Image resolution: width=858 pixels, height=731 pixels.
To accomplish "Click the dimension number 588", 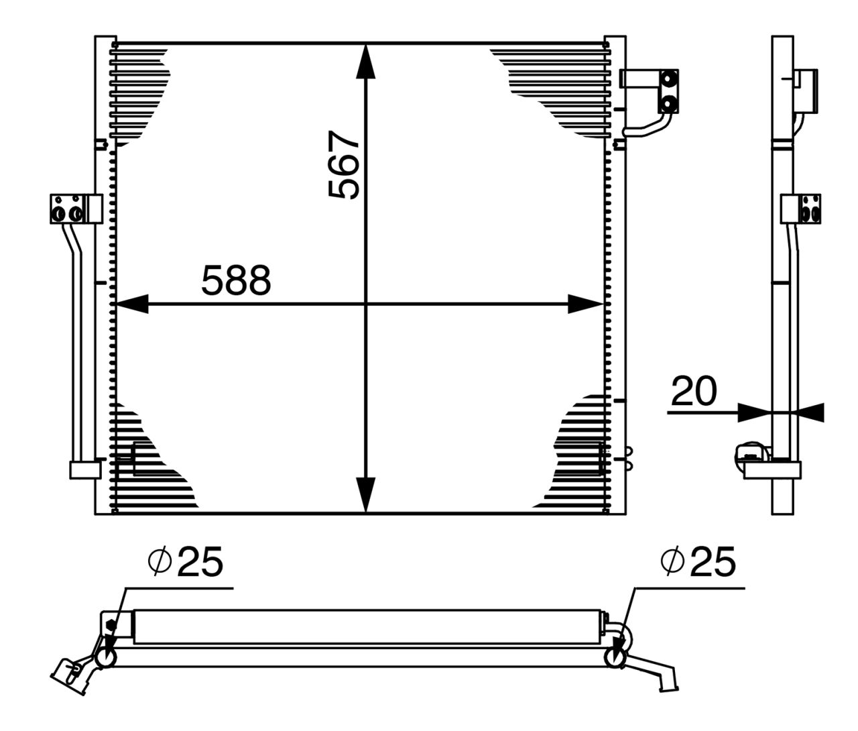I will [x=236, y=280].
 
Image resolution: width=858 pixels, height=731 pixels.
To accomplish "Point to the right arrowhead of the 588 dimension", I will [x=585, y=304].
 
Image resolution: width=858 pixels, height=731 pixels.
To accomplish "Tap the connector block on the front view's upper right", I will [x=668, y=91].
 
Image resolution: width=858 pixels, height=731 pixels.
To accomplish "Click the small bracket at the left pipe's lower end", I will [x=84, y=469].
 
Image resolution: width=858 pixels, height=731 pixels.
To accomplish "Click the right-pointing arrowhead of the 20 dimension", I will [x=751, y=412].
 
